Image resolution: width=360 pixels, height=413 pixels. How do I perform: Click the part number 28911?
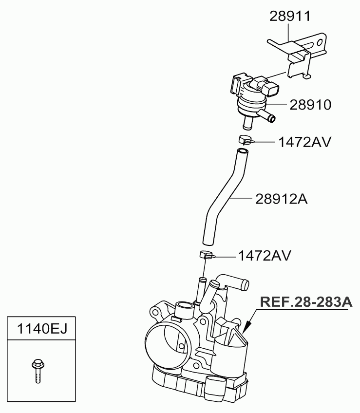pos(290,17)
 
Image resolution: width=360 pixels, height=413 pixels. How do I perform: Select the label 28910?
pos(310,105)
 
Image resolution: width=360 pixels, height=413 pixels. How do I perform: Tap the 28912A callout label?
pos(281,199)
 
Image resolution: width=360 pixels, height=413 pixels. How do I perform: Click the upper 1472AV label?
pos(304,142)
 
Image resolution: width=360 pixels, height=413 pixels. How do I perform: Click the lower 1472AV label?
pos(265,256)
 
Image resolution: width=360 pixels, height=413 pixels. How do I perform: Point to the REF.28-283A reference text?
pos(306,302)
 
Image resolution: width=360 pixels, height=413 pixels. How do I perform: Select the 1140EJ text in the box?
pos(42,329)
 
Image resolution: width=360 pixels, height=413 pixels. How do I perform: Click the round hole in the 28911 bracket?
pos(320,42)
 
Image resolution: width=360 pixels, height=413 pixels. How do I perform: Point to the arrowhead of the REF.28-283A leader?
pos(246,327)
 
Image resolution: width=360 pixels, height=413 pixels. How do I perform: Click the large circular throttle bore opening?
pos(168,344)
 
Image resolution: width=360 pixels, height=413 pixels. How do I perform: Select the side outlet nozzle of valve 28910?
pos(267,117)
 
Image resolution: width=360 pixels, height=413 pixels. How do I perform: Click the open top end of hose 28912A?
pos(243,151)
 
